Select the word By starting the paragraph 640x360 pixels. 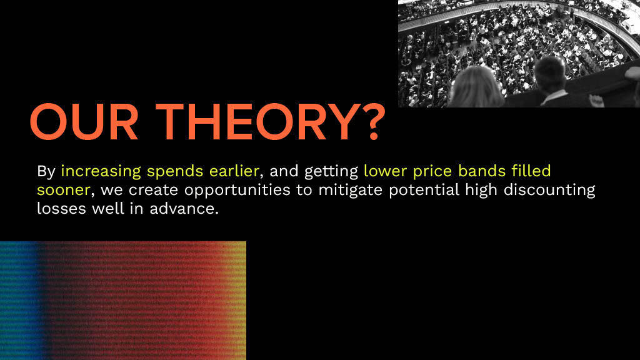(x=46, y=171)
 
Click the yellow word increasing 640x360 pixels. (x=101, y=171)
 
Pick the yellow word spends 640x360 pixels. (x=175, y=172)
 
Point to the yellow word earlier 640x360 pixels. (x=234, y=171)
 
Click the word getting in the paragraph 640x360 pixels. (x=331, y=172)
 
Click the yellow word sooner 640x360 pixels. (x=63, y=190)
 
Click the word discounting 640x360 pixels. (x=549, y=191)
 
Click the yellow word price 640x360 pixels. (x=430, y=172)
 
